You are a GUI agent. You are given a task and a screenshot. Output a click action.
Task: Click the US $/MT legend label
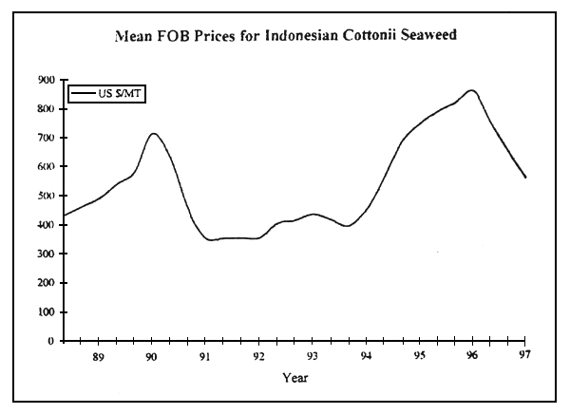pyautogui.click(x=123, y=92)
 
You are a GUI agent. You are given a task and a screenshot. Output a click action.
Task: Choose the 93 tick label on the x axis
pyautogui.click(x=313, y=356)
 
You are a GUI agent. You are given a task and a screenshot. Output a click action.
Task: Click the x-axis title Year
pyautogui.click(x=294, y=377)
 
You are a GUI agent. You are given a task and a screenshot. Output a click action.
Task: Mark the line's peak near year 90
pyautogui.click(x=153, y=133)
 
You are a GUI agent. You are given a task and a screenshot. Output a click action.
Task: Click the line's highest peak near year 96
pyautogui.click(x=471, y=90)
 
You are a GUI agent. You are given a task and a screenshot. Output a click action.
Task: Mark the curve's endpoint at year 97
pyautogui.click(x=525, y=178)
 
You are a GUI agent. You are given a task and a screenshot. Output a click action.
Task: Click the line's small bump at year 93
pyautogui.click(x=313, y=214)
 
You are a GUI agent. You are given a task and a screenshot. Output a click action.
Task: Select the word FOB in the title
pyautogui.click(x=182, y=38)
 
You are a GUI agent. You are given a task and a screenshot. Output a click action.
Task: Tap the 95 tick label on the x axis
pyautogui.click(x=419, y=356)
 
